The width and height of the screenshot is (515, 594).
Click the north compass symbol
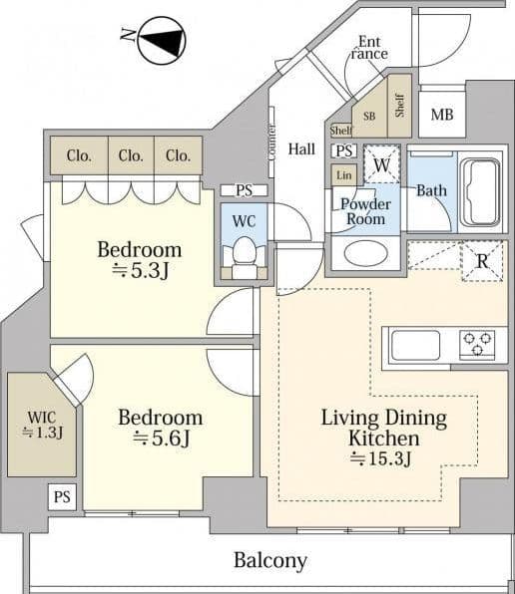pyautogui.click(x=162, y=40)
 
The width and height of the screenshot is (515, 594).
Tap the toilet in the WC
pyautogui.click(x=245, y=257)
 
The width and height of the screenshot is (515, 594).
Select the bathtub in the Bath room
pyautogui.click(x=480, y=192)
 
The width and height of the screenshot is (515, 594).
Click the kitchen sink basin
pyautogui.click(x=415, y=345)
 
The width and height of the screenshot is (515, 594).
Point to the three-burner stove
pyautogui.click(x=477, y=345)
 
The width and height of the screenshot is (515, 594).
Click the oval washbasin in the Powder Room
pyautogui.click(x=365, y=253)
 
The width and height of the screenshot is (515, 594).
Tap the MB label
pyautogui.click(x=442, y=115)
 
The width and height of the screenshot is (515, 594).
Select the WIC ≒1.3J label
pyautogui.click(x=42, y=425)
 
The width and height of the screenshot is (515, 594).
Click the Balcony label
pyautogui.click(x=270, y=560)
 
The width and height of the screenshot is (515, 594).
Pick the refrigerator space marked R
pyautogui.click(x=482, y=261)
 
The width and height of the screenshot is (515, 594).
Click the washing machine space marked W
pyautogui.click(x=382, y=164)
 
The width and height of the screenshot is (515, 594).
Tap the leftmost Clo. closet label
pyautogui.click(x=79, y=155)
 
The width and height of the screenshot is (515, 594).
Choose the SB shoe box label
pyautogui.click(x=369, y=116)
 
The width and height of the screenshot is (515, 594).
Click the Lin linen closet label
pyautogui.click(x=344, y=175)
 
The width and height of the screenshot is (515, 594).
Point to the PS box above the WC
pyautogui.click(x=245, y=190)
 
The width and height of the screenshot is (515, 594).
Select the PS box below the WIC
pyautogui.click(x=62, y=496)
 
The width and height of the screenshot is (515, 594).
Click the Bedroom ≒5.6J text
pyautogui.click(x=161, y=429)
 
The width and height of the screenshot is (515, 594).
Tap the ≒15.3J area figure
pyautogui.click(x=380, y=458)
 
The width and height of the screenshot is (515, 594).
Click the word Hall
pyautogui.click(x=301, y=148)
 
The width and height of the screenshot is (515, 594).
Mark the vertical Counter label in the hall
pyautogui.click(x=271, y=143)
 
